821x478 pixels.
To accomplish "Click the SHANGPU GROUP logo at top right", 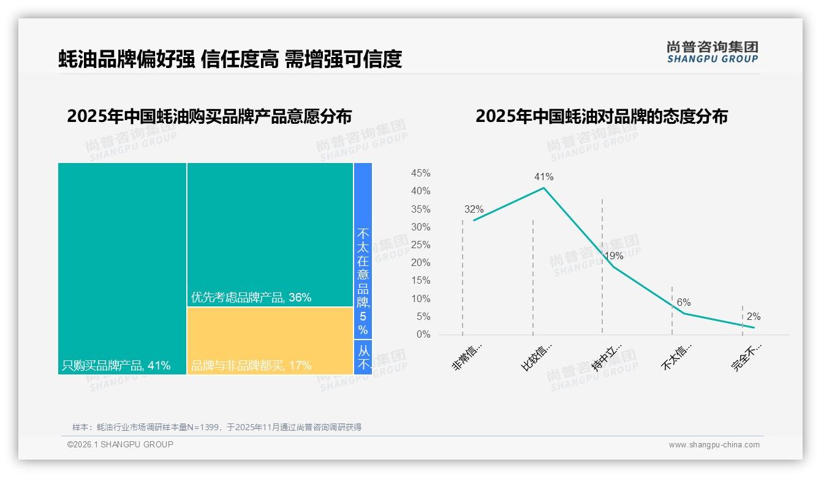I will point(712,52).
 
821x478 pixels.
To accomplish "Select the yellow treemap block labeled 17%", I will point(270,341).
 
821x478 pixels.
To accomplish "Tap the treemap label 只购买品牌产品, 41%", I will point(116,366).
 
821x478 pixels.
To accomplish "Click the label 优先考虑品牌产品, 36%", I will point(251,298).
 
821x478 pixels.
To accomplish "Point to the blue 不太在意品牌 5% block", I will point(363,251).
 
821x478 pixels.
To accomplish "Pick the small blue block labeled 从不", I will point(363,358).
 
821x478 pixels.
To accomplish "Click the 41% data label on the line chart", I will point(543,177).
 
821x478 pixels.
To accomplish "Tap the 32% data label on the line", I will point(474,210).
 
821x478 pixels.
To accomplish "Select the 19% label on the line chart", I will point(613,256).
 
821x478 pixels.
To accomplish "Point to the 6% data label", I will point(684,303).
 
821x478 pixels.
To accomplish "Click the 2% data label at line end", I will point(754,317).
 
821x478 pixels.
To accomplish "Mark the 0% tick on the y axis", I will point(423,335).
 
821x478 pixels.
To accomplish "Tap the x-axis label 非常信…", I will point(467,357).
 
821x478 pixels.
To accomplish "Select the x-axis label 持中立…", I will point(607,357).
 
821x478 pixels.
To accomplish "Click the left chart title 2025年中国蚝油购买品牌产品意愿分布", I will point(210,116).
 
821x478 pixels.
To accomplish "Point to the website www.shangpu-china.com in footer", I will point(714,445).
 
